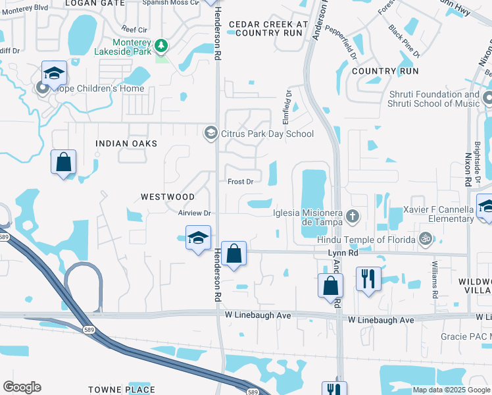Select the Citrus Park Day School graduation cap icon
[210, 134]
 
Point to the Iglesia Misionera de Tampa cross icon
[353, 215]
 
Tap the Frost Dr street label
[240, 182]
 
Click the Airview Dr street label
[193, 213]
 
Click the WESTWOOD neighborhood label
[167, 197]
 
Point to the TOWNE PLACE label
[122, 390]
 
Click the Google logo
[22, 387]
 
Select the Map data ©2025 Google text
[451, 390]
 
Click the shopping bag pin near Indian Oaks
[64, 163]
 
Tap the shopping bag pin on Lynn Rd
[234, 253]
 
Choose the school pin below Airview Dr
[198, 239]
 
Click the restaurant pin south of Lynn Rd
[368, 278]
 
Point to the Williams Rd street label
[435, 276]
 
